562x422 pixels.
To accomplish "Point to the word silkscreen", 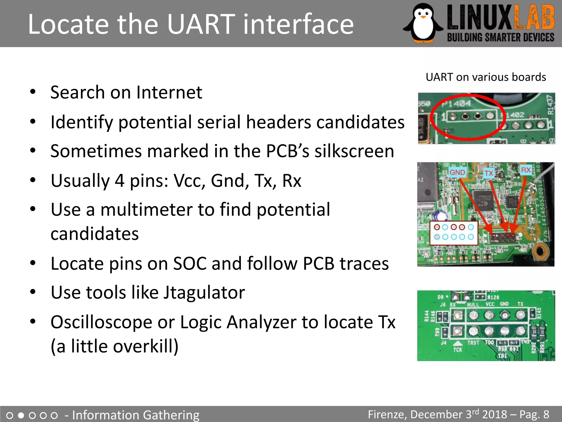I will (x=354, y=151).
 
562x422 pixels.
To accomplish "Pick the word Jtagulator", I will (x=204, y=292).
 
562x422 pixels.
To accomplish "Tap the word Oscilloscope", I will (x=101, y=322).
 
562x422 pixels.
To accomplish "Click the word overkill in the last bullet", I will (x=145, y=346).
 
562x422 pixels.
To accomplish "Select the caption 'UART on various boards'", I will (x=486, y=77).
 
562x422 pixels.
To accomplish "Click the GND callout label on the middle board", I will (x=457, y=172).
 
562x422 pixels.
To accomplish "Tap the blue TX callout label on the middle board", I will (x=489, y=173).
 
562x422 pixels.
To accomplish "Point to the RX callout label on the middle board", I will (x=526, y=170).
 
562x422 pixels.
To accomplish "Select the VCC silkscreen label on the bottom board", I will (x=490, y=304).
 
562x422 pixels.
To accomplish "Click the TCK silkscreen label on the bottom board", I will (x=457, y=350).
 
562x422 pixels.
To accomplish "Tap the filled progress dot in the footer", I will (x=21, y=415).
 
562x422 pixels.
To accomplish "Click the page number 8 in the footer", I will (x=546, y=414).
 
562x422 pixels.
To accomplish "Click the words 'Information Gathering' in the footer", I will (x=136, y=415).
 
